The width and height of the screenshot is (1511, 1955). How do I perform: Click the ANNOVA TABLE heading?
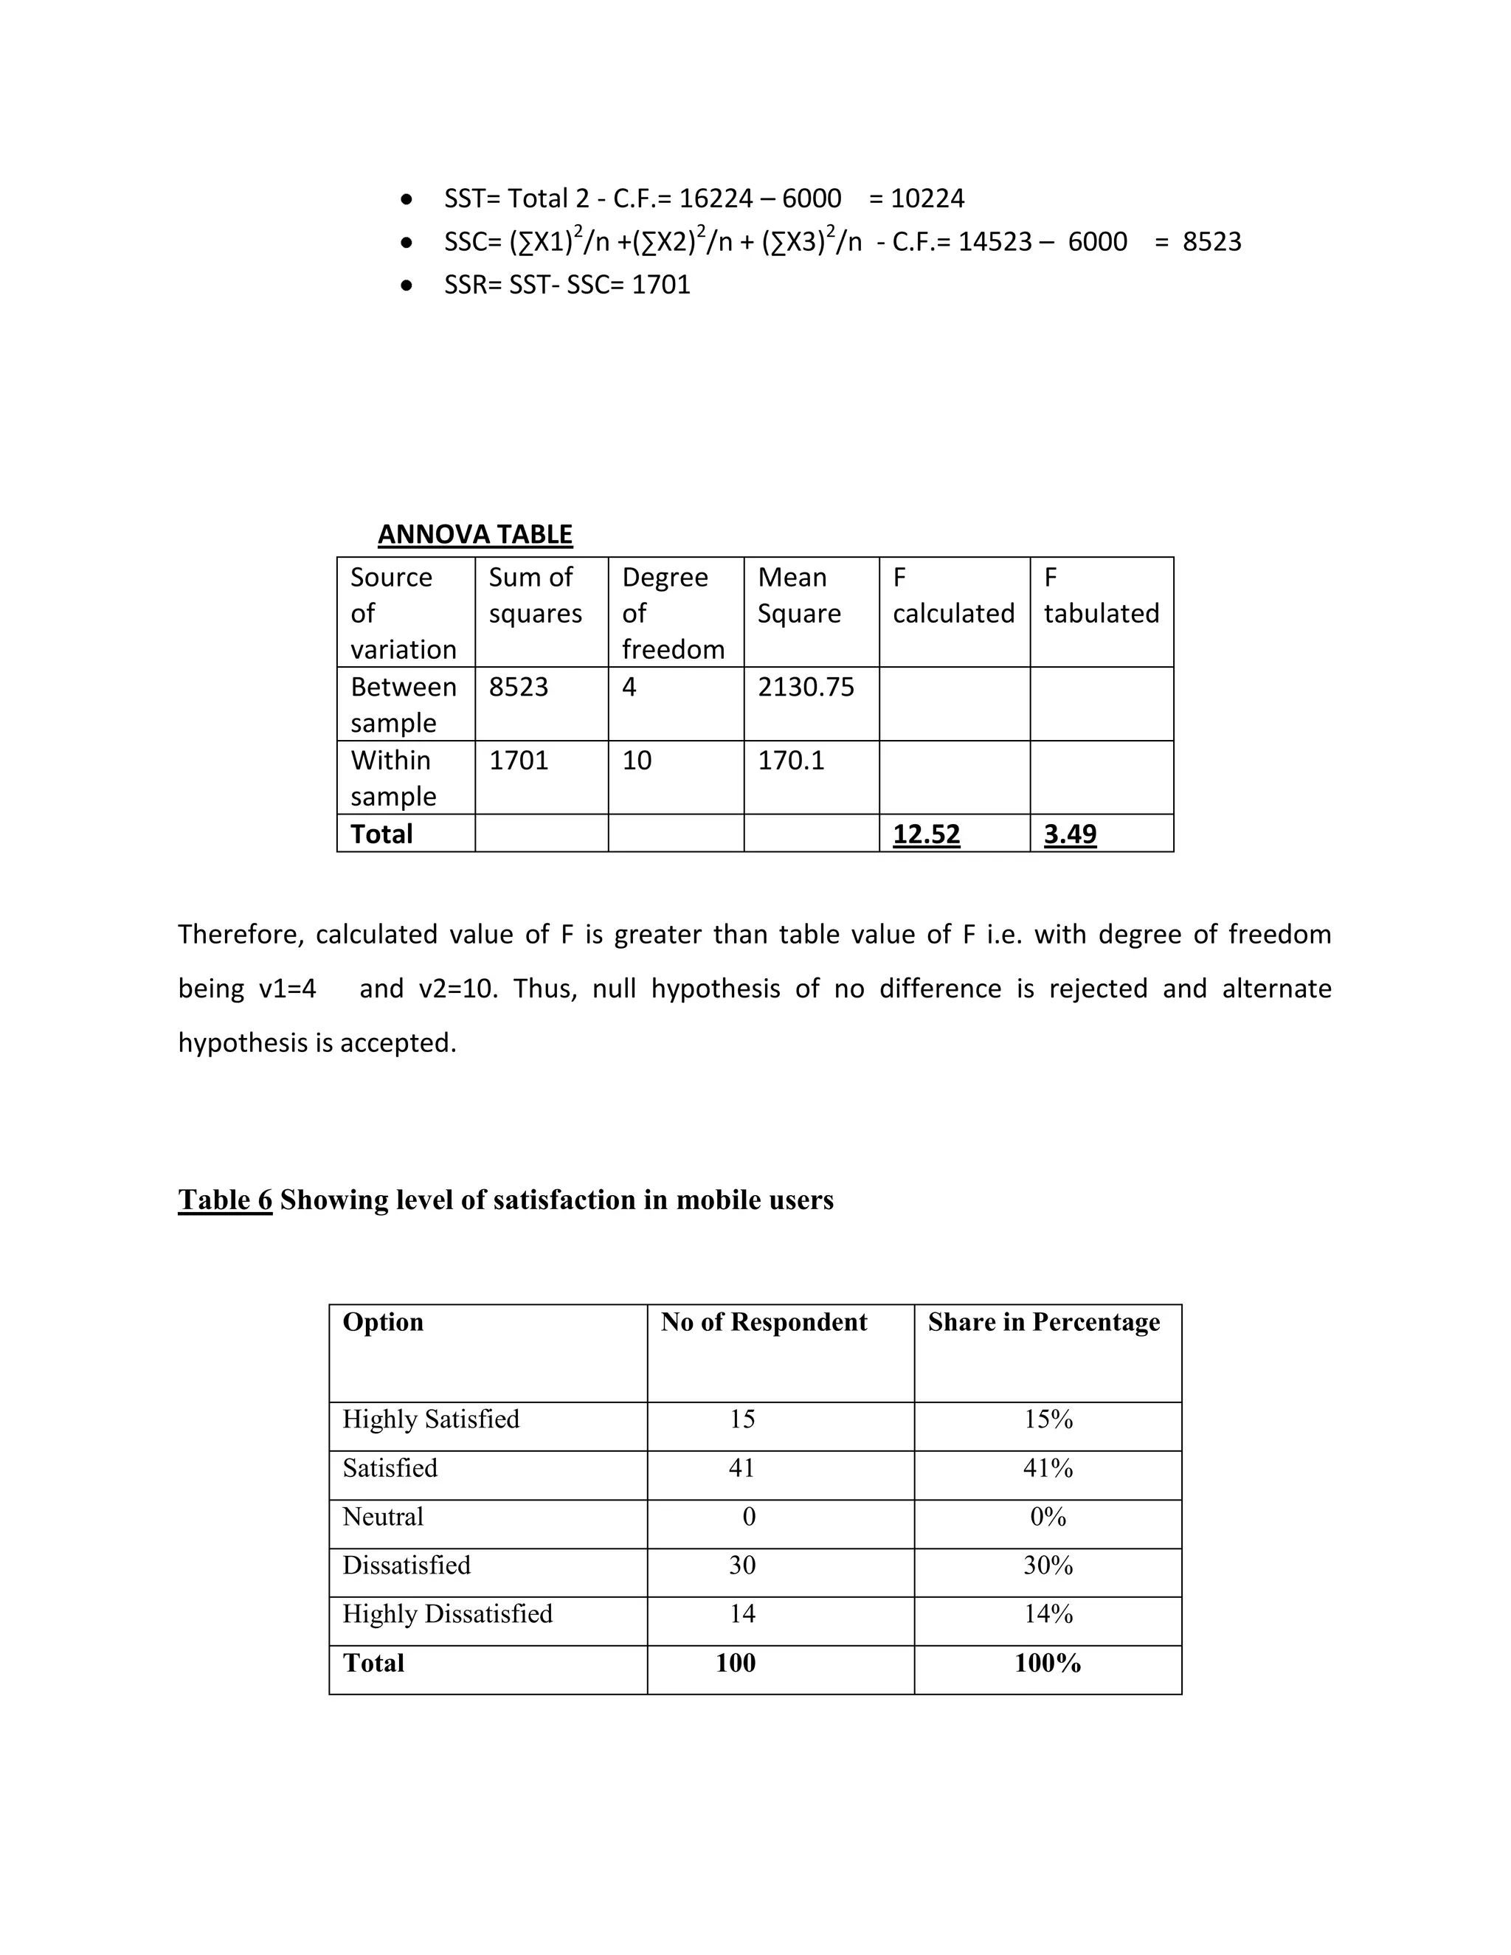474,534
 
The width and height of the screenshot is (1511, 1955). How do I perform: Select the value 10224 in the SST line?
928,198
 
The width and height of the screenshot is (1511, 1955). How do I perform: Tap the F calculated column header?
952,595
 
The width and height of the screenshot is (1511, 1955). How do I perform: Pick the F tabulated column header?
1100,595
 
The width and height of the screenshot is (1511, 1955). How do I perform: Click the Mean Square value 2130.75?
806,687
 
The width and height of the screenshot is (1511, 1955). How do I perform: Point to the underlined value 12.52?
926,834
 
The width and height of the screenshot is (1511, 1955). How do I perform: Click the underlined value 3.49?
1070,834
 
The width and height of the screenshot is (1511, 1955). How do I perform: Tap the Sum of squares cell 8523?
518,687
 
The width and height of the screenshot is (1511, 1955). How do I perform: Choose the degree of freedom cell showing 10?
637,760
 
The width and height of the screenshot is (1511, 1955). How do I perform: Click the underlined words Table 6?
225,1200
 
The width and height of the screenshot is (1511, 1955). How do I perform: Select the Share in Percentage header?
1044,1322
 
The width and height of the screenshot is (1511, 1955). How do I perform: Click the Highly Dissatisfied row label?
448,1613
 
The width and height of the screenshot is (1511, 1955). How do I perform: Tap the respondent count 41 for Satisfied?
741,1468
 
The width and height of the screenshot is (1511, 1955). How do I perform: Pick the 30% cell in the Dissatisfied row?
1048,1565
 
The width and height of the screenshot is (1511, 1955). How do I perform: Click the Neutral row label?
383,1516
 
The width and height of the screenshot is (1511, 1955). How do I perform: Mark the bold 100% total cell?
1048,1662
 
